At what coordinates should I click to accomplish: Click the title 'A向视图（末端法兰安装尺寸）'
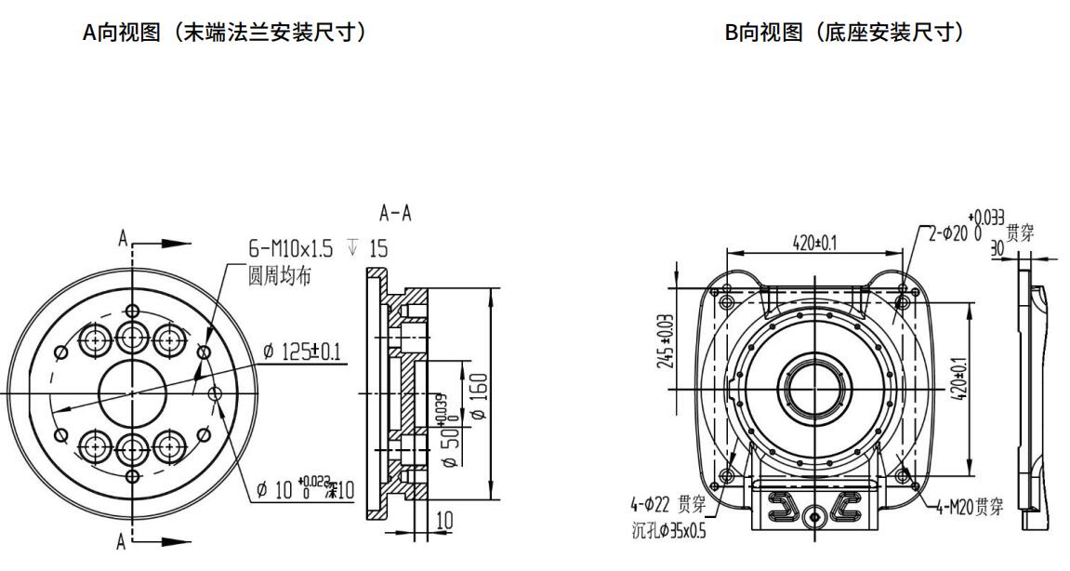225,33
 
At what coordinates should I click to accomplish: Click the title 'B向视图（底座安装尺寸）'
844,33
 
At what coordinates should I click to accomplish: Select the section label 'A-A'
395,214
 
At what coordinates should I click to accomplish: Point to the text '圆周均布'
280,275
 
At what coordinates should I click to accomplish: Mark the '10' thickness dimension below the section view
445,520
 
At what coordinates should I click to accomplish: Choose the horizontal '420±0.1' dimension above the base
814,243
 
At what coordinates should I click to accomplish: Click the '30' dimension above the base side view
997,248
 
